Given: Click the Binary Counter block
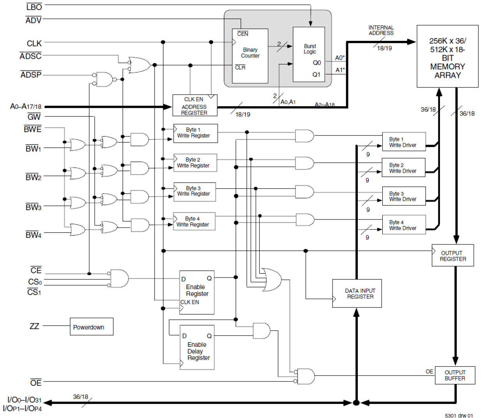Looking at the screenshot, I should tap(250, 56).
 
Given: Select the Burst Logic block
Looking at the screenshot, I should tap(309, 54).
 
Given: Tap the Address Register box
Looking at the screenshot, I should tap(195, 105).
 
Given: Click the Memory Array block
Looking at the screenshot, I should tap(447, 56).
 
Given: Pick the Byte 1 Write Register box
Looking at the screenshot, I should tap(195, 133).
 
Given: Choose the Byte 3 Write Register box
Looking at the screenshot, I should tap(194, 191).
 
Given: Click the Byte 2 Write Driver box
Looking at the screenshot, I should tap(404, 168).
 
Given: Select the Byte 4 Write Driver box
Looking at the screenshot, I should tap(404, 225).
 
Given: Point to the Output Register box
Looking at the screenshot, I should tap(453, 256).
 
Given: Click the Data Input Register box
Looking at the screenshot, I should tap(357, 293).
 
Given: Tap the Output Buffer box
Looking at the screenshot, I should tap(455, 375).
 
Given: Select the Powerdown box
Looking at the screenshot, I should tap(91, 327).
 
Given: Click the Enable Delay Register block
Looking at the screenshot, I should tap(197, 347).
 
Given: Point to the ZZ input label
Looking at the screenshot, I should tap(34, 326).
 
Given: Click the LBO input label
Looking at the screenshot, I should tap(34, 7).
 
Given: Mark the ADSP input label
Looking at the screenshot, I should tap(31, 74).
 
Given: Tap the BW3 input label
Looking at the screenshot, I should tap(33, 207).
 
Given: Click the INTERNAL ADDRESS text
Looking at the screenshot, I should tap(381, 30).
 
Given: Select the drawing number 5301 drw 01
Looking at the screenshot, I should tap(459, 416).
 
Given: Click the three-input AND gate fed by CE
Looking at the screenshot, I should tap(119, 279).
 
